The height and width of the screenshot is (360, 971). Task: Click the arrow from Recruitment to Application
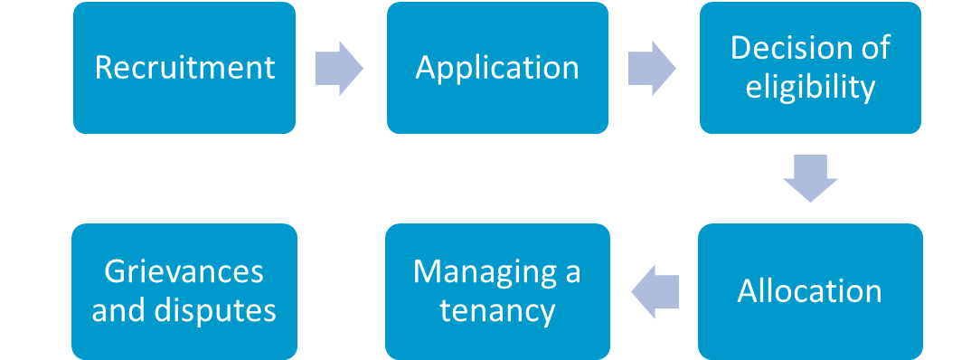point(338,68)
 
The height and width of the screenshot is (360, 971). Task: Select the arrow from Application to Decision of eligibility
point(651,68)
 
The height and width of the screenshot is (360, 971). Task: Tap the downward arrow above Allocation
point(810,179)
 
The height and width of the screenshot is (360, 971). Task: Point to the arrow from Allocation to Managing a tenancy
point(655,291)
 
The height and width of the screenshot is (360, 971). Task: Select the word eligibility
point(810,88)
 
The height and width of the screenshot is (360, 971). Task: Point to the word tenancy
point(497,311)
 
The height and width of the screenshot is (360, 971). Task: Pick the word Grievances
point(184,272)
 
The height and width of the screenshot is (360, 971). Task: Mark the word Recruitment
point(184,68)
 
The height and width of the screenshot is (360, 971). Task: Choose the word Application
point(497,68)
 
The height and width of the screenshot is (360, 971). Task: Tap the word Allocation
point(810,291)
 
